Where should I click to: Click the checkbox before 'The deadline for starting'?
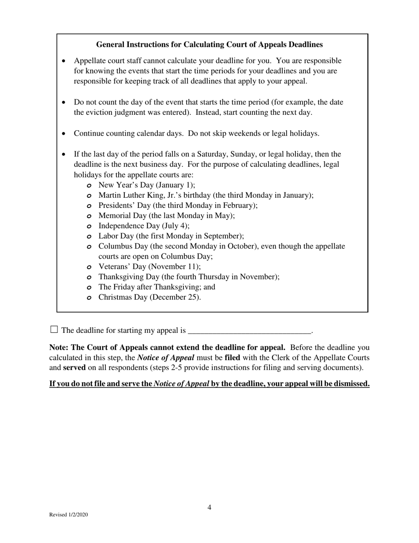coord(54,329)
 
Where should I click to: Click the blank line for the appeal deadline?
coord(249,330)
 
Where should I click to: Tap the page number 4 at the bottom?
coord(209,508)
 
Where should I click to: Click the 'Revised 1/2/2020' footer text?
coord(68,515)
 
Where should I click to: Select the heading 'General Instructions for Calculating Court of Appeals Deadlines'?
coord(209,45)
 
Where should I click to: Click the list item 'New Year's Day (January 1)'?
coord(146,185)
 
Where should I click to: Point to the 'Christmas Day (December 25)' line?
coord(150,297)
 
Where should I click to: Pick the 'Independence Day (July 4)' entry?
coord(144,226)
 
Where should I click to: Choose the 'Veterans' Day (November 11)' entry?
coord(150,267)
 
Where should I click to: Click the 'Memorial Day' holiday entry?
coord(166,215)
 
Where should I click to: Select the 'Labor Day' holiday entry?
coord(171,236)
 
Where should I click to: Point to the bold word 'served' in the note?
coord(74,367)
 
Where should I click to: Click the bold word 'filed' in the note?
coord(232,358)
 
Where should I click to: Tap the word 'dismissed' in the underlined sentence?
coord(351,384)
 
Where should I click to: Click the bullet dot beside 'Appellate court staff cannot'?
coord(65,61)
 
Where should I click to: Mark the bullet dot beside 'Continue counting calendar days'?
coord(65,134)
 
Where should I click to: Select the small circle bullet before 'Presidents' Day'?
coord(89,206)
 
